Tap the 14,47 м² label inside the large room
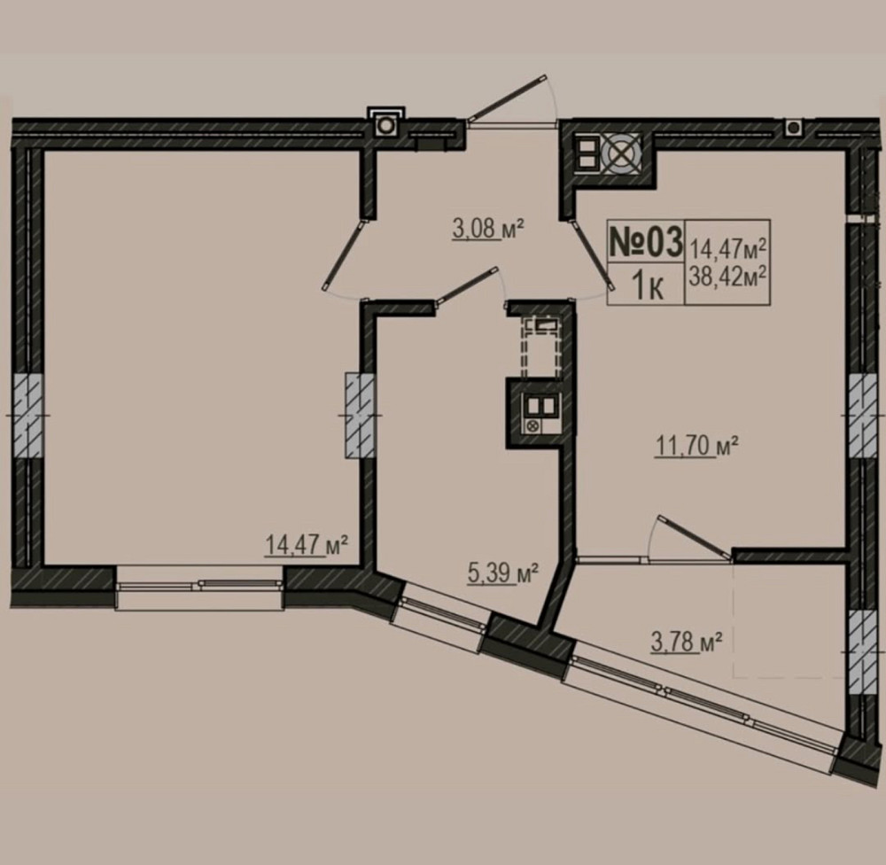(306, 545)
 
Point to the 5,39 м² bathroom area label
(502, 573)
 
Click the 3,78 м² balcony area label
(687, 642)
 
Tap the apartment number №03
(645, 241)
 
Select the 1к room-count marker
(647, 285)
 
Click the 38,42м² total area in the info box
(727, 276)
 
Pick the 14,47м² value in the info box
(727, 247)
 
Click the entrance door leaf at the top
(507, 97)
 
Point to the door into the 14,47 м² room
(342, 255)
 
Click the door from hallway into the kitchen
(591, 255)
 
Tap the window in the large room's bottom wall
(198, 587)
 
